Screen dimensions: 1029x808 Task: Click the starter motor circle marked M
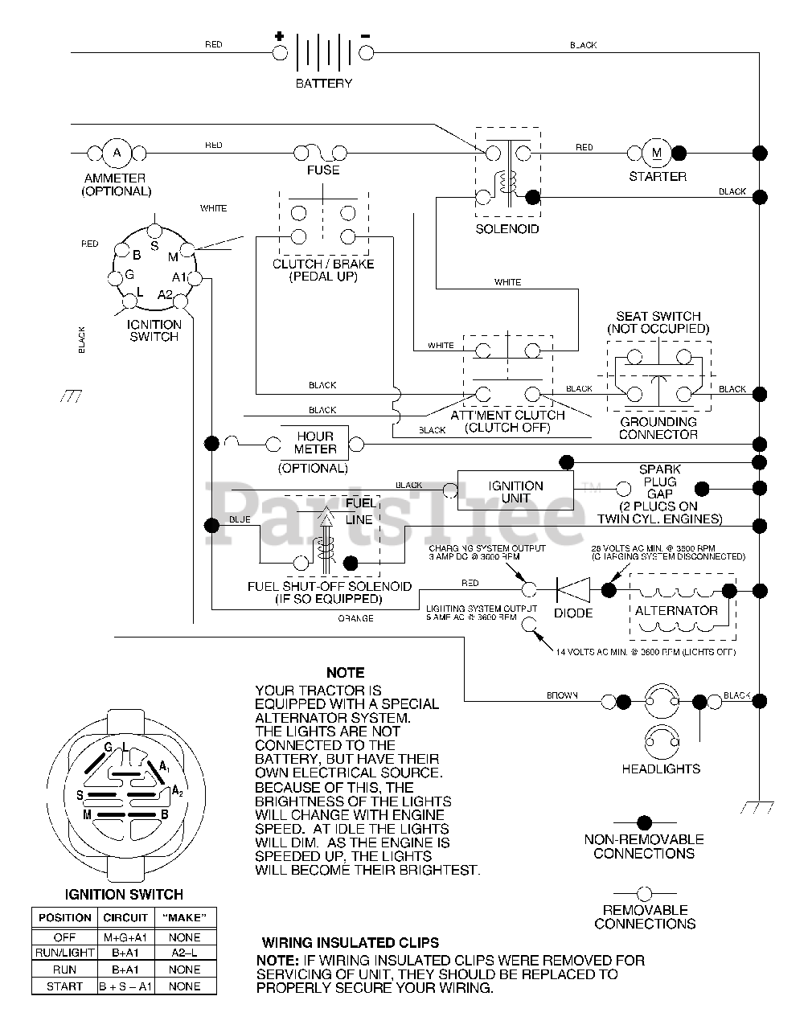656,152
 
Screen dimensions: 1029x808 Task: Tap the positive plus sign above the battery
279,36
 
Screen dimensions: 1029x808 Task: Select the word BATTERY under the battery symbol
324,83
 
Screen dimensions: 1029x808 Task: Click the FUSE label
323,170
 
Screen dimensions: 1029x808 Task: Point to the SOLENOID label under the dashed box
507,229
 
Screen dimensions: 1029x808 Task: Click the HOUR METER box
315,443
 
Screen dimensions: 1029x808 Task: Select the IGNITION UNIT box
515,492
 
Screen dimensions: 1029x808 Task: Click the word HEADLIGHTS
661,769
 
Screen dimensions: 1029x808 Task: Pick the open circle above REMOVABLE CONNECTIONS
643,893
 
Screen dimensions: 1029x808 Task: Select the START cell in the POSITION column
64,986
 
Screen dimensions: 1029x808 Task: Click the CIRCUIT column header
125,917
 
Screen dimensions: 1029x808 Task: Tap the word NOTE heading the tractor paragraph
345,672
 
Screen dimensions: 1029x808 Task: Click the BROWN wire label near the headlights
562,695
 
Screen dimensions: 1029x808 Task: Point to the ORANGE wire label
355,618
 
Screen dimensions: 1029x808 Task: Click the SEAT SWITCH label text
658,316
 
